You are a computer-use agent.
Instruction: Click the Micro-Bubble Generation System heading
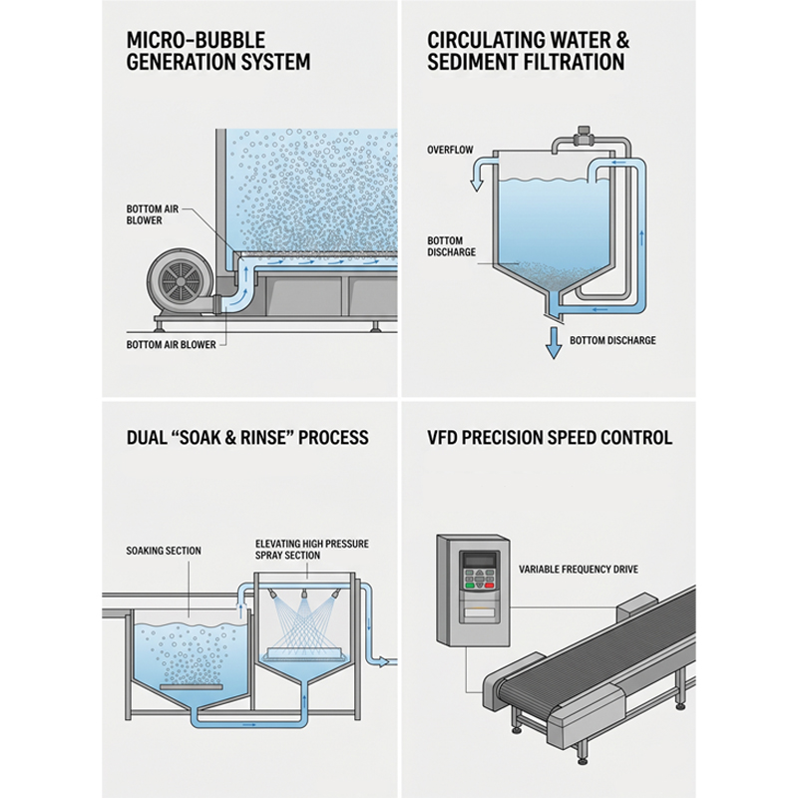(218, 51)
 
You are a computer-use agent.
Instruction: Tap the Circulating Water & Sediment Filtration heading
(529, 51)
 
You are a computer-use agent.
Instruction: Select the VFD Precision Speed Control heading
(550, 437)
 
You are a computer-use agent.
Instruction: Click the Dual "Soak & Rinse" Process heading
(247, 437)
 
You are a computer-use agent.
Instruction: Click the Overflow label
(450, 150)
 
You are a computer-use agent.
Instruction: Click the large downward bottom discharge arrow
(554, 343)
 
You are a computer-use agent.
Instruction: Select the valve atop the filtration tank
(581, 137)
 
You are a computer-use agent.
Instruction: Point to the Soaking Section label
(164, 551)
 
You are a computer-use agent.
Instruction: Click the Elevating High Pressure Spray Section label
(312, 550)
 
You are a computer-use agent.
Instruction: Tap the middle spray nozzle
(304, 595)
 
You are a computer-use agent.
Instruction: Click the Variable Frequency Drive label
(579, 569)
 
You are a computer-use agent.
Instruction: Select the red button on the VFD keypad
(490, 585)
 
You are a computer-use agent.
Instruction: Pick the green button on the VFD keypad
(468, 585)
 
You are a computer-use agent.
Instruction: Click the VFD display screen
(479, 561)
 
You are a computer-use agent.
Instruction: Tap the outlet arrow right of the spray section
(383, 662)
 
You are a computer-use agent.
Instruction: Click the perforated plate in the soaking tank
(192, 686)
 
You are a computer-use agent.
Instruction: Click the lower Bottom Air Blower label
(171, 344)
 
